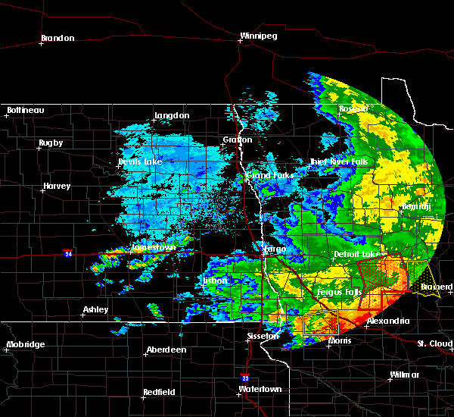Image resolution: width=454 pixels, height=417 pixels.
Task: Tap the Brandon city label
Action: [x=58, y=38]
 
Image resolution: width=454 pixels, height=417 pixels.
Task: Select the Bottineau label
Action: [x=26, y=110]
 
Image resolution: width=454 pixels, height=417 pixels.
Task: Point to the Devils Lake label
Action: [x=140, y=162]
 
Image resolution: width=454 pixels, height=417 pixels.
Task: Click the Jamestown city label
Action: [x=154, y=247]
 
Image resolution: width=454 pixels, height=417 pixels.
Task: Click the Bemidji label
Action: [x=416, y=205]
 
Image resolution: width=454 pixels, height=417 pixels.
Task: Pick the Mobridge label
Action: [x=26, y=344]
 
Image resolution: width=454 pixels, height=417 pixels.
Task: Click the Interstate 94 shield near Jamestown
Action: [x=68, y=252]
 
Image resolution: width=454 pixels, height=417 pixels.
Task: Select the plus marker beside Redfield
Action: [x=143, y=398]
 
